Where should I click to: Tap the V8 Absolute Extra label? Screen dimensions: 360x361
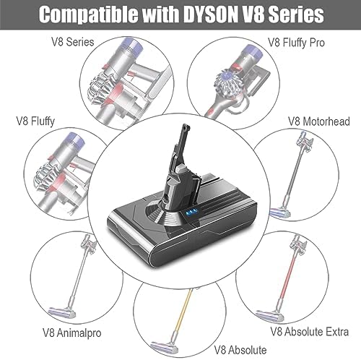tap(309, 332)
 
